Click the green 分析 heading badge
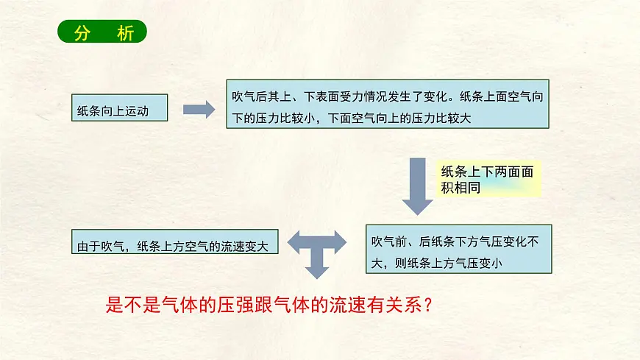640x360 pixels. pos(102,32)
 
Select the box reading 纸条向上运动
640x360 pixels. pos(120,107)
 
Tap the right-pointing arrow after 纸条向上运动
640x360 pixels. pos(199,110)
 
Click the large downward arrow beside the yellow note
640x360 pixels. pos(417,186)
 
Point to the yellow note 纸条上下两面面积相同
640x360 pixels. pos(488,179)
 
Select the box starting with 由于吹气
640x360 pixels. pos(174,241)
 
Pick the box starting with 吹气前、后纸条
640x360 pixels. pos(459,249)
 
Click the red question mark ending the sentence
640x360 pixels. pos(427,305)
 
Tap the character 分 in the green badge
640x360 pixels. pos(82,32)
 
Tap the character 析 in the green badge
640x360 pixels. pos(125,32)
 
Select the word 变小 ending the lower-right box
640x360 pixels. pos(490,263)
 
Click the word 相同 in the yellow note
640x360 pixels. pos(467,188)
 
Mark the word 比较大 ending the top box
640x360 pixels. pos(452,118)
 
